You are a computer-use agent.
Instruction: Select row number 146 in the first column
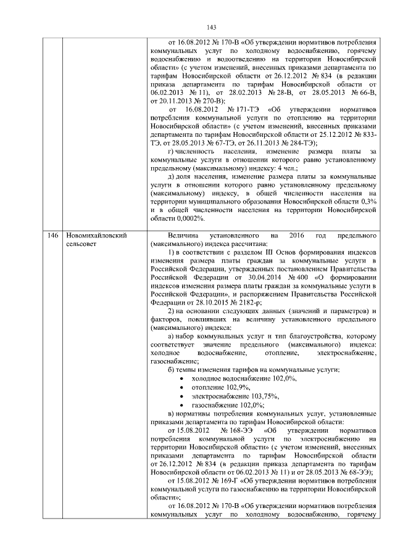[x=53, y=236]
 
